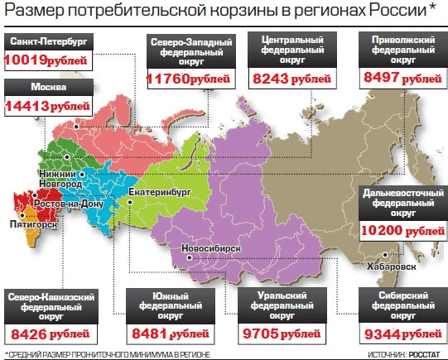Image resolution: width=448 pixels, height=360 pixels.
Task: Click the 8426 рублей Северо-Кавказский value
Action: [x=48, y=335]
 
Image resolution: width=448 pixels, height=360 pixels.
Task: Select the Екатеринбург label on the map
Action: [x=162, y=192]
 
